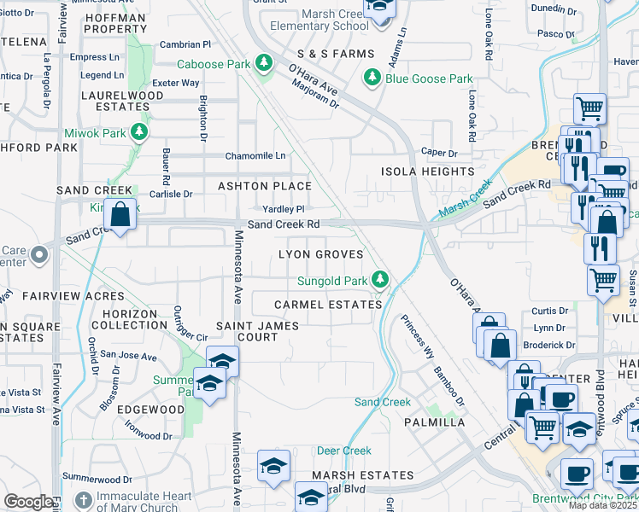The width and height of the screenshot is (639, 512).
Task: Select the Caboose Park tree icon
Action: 265,63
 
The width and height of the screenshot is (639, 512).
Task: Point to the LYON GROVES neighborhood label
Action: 321,255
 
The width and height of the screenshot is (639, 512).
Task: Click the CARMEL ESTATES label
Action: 328,305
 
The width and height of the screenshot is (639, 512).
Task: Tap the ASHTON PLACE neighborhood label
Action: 264,186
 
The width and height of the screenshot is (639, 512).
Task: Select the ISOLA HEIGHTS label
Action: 426,172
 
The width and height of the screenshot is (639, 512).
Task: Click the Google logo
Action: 28,501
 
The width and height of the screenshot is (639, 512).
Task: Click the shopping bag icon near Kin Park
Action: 121,216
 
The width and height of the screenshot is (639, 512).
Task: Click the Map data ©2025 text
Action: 602,505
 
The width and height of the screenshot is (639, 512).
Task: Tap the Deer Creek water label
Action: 344,451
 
